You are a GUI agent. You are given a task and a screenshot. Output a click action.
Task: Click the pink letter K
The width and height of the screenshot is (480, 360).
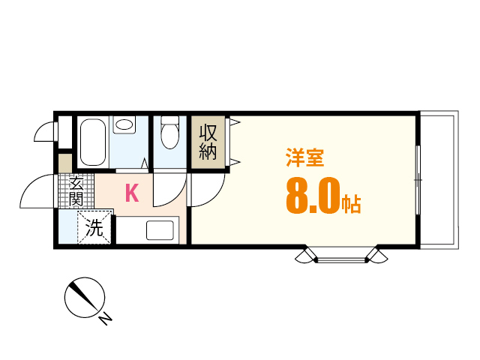(131, 193)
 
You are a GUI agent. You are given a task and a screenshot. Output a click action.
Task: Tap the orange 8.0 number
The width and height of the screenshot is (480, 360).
(311, 197)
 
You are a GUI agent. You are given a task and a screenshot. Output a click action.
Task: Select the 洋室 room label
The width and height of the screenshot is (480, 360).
(304, 158)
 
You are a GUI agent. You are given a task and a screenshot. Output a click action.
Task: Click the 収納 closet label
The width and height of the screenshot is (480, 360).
(208, 142)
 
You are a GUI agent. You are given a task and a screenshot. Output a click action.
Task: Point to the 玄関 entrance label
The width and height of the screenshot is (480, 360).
(76, 191)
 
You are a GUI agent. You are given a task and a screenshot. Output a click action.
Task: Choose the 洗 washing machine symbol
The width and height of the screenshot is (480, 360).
(95, 228)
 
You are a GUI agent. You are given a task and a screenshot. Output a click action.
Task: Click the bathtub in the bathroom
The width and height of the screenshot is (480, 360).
(93, 142)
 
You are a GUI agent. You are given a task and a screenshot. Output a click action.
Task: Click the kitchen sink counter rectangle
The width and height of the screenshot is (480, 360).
(160, 230)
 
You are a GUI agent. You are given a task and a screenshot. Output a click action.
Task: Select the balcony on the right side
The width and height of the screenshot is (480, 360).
(439, 180)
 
